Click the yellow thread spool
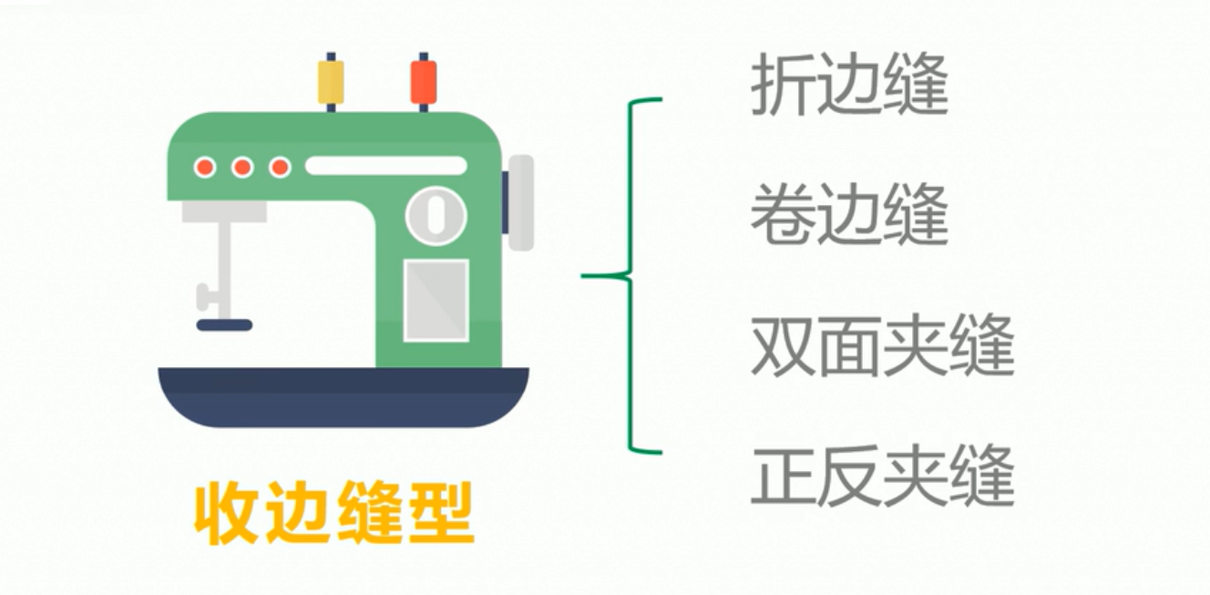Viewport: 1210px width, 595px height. coord(331,82)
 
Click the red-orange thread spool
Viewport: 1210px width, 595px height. coord(424,82)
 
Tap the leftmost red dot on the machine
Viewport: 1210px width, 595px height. coord(205,167)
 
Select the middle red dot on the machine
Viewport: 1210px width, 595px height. coord(242,167)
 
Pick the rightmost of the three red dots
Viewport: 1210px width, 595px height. coord(281,167)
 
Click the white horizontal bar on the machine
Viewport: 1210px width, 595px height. coord(385,166)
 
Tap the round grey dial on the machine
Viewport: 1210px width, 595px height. coord(436,216)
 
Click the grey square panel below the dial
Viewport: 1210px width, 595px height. coord(436,300)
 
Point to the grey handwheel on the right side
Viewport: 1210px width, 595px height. coord(521,202)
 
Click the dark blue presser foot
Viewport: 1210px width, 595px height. coord(224,324)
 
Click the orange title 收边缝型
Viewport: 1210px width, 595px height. coord(334,514)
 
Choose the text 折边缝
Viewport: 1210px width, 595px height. coord(849,87)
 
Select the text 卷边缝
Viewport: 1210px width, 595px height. coord(849,218)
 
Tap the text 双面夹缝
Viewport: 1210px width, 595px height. coord(882,348)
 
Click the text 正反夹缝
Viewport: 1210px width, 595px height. coord(882,477)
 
